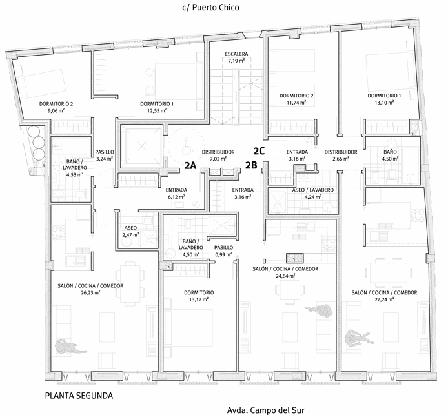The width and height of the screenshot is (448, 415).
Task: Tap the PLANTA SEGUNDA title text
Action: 80,395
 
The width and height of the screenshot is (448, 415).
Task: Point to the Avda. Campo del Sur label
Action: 265,409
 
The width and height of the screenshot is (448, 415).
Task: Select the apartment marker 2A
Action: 190,165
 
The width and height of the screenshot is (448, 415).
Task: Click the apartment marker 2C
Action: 259,150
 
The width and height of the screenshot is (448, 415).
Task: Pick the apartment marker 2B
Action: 251,165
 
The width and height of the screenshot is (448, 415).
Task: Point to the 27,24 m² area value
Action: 384,299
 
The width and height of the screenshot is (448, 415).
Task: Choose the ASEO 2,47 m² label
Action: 131,231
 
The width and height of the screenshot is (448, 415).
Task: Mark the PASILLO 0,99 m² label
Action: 224,251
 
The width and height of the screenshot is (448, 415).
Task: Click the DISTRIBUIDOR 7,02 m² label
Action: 218,156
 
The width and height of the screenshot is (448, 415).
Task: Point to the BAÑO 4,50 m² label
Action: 390,155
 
